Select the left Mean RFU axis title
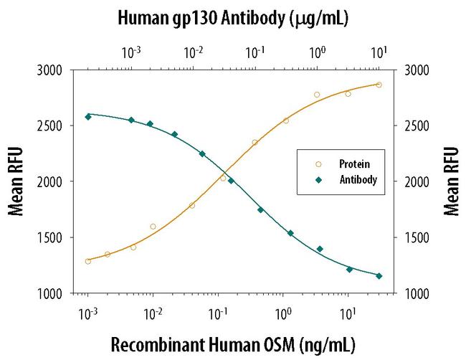(15, 181)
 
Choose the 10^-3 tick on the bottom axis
(87, 313)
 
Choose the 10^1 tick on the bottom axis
(348, 313)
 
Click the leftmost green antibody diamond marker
(88, 116)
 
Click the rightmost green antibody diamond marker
(379, 276)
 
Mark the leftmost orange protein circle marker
(88, 261)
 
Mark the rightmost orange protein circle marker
(379, 85)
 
